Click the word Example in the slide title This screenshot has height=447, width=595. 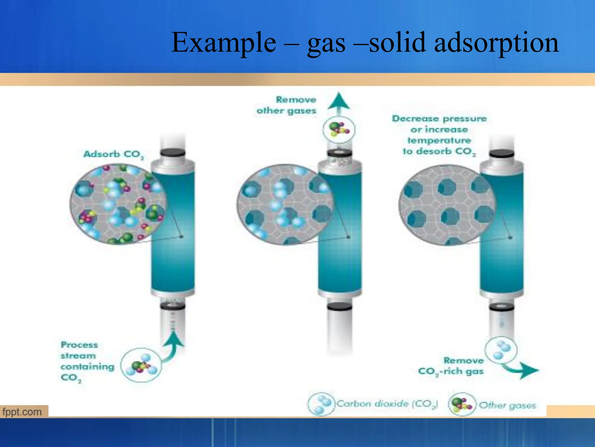(224, 43)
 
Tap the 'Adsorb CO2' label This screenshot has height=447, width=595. (114, 154)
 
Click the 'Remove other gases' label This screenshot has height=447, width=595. (286, 105)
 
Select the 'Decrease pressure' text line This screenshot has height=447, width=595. (439, 119)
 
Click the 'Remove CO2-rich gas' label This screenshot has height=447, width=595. (451, 366)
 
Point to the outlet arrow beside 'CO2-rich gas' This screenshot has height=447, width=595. (523, 370)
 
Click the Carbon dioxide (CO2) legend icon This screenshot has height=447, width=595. (321, 404)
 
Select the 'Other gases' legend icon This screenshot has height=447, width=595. (462, 404)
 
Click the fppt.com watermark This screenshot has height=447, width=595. (22, 412)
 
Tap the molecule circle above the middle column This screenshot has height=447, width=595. (339, 130)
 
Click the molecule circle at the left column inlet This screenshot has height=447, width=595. (141, 365)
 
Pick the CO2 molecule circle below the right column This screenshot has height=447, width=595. (501, 350)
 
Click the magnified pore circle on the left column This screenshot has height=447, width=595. (118, 204)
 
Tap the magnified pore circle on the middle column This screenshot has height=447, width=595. (285, 204)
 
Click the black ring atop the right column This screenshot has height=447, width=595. (501, 154)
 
